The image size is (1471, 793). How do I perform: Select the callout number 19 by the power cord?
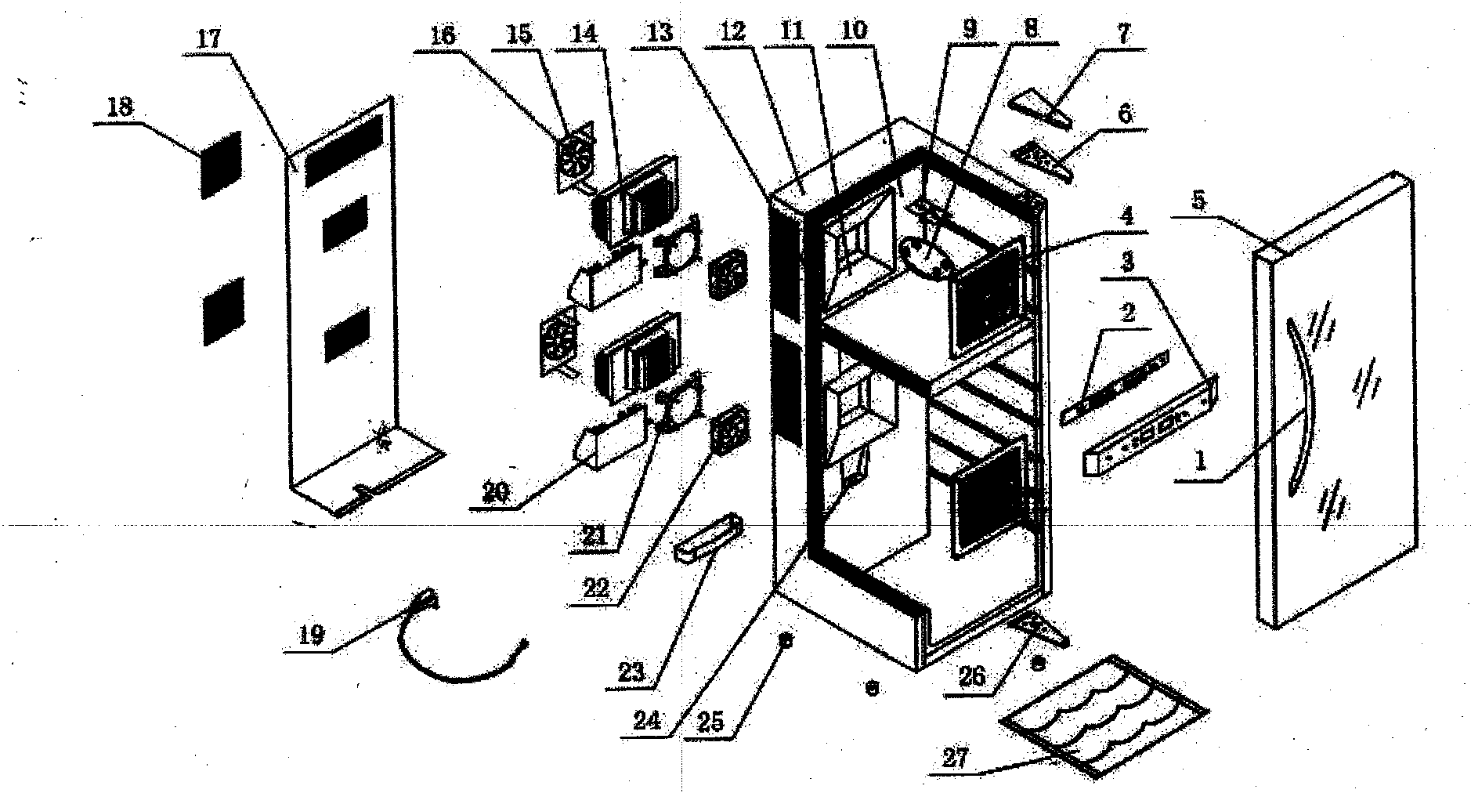(312, 635)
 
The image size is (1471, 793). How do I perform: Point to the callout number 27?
(956, 758)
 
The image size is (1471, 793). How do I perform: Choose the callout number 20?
(497, 493)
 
